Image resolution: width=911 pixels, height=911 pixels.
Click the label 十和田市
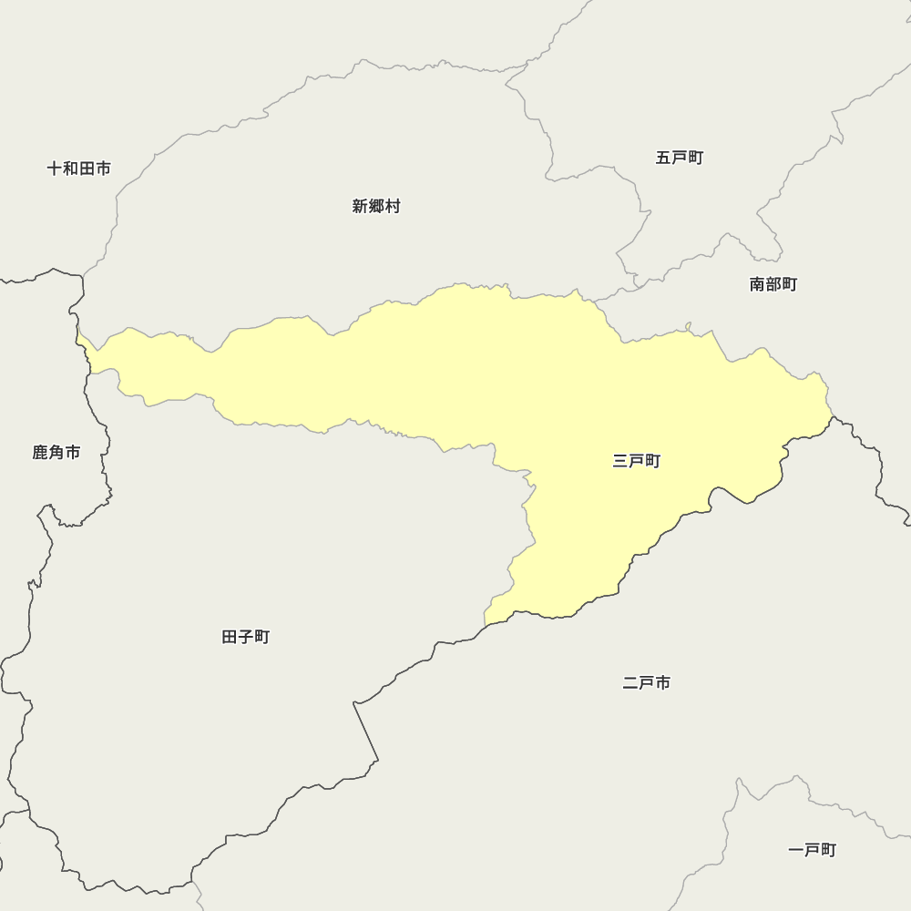(79, 169)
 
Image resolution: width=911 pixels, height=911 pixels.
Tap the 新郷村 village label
(376, 207)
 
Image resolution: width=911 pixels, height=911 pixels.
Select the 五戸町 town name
(680, 158)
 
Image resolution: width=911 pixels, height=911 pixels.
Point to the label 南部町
(773, 284)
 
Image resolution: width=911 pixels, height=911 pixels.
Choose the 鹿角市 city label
(56, 453)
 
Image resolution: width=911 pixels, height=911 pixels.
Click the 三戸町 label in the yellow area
(637, 462)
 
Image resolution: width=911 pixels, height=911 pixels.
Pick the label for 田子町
(246, 637)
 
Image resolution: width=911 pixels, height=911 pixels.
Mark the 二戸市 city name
(647, 682)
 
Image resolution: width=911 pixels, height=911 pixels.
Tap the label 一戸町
(812, 850)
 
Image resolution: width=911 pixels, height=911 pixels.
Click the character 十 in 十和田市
(55, 169)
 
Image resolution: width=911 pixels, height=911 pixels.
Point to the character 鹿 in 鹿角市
(40, 453)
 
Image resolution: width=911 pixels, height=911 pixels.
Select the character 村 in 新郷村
(393, 207)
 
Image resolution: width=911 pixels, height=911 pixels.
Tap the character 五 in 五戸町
(663, 158)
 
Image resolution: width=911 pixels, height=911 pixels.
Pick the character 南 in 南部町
(757, 284)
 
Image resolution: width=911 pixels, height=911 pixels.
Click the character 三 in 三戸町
(620, 462)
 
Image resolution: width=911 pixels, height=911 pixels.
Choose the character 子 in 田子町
(246, 637)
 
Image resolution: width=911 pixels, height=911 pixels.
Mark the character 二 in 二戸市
(630, 682)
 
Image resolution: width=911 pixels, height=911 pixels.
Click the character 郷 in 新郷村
(376, 207)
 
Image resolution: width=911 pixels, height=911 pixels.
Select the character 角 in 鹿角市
(56, 453)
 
